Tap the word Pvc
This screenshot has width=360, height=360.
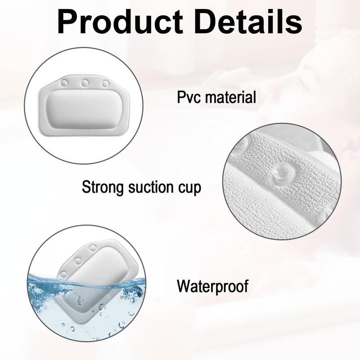188,96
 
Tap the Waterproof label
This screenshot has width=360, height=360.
212,286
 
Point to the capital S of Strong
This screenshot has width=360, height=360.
86,187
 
